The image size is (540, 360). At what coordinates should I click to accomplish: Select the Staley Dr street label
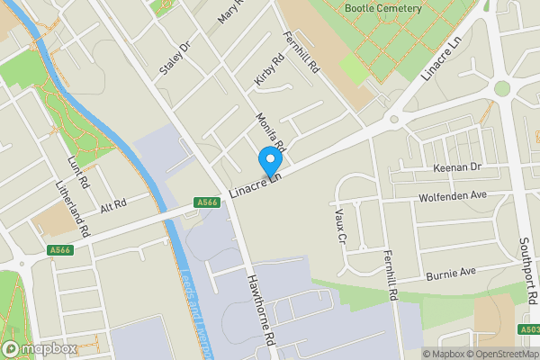pos(175,58)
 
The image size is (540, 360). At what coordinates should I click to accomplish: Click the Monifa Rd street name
pos(270,130)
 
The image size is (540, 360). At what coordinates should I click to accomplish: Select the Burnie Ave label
pos(450,272)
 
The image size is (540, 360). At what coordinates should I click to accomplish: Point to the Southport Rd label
pos(528,270)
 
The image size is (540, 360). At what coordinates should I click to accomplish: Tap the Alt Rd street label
pos(113,206)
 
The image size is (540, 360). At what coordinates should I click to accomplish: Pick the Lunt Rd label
pos(79,171)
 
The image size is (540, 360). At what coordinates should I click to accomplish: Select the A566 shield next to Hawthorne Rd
pos(204,203)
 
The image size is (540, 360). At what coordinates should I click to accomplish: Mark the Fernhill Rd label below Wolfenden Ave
pos(390,274)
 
